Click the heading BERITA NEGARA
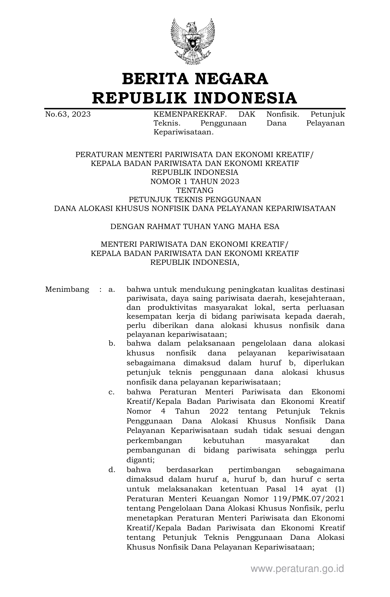195,79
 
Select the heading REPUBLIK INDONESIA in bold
195,98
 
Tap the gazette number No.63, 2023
68,115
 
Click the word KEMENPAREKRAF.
190,115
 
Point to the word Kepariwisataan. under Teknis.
183,132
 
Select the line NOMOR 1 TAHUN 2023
195,182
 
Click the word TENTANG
195,190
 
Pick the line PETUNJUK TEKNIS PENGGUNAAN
195,200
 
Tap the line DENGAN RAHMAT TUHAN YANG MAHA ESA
195,227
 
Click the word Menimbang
67,289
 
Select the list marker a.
112,289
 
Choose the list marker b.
112,344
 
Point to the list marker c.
112,392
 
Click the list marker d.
112,470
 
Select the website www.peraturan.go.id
297,569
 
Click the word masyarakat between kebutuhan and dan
288,441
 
